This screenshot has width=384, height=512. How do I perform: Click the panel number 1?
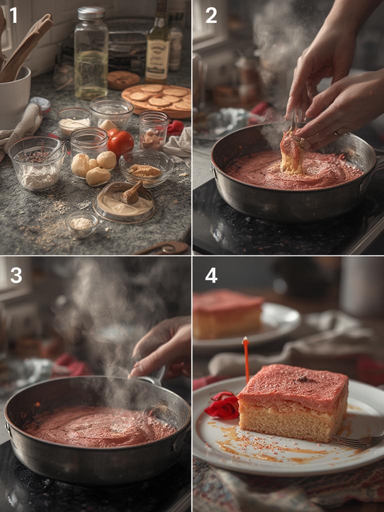[13, 15]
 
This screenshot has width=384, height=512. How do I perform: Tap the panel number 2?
[211, 15]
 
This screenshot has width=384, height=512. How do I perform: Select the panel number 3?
[16, 275]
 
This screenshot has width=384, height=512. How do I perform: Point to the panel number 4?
[211, 275]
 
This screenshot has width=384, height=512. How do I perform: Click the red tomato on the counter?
[120, 143]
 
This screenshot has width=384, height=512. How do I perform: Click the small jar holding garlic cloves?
[153, 131]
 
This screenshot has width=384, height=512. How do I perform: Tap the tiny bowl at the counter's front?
[81, 223]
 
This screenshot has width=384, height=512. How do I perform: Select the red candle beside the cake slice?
[246, 358]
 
